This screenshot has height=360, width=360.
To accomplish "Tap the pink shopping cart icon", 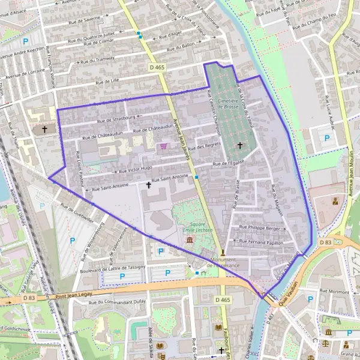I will tap(163, 146).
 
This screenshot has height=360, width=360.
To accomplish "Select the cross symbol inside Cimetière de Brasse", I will tap(240, 145).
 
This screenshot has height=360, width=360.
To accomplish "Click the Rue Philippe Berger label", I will tap(260, 227).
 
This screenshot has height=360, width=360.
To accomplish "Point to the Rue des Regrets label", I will tap(205, 148).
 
